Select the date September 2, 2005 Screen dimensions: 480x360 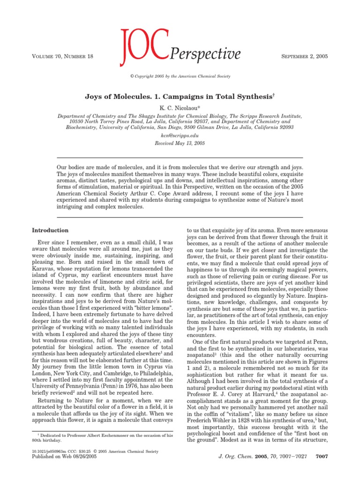[x=300, y=56]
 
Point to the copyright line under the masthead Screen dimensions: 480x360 [x=180, y=76]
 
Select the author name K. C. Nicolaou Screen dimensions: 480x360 [x=180, y=107]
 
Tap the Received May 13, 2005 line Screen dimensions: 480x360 [x=180, y=143]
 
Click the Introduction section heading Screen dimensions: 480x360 [x=50, y=230]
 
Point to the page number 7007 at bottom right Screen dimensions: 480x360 [x=321, y=469]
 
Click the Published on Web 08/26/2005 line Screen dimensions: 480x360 [x=63, y=470]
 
